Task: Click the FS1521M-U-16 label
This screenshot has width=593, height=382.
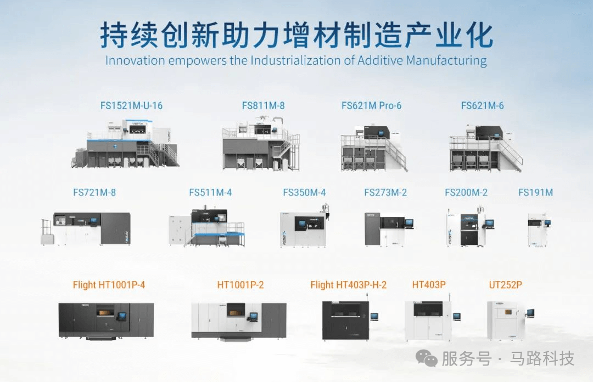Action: click(132, 105)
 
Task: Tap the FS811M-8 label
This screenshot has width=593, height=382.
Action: click(263, 105)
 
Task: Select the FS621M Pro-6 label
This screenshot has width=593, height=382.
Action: click(371, 105)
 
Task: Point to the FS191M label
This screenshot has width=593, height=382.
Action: click(535, 193)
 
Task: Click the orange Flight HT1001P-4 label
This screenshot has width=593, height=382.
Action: click(109, 285)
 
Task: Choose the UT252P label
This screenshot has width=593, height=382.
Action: click(505, 285)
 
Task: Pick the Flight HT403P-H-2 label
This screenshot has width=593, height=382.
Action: click(348, 285)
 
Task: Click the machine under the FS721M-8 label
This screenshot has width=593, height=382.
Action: click(86, 228)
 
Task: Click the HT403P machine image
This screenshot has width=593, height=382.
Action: click(428, 320)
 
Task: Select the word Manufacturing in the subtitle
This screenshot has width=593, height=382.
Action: click(446, 60)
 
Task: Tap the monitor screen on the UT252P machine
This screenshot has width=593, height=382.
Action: click(530, 313)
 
